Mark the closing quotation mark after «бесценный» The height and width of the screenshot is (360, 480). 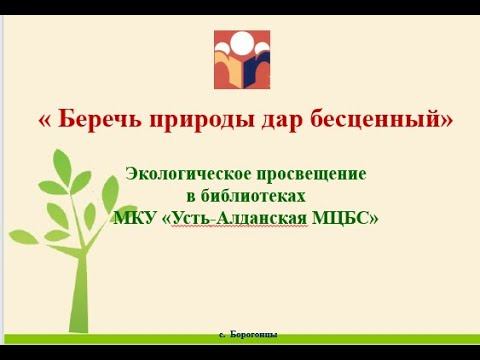pos(447,120)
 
